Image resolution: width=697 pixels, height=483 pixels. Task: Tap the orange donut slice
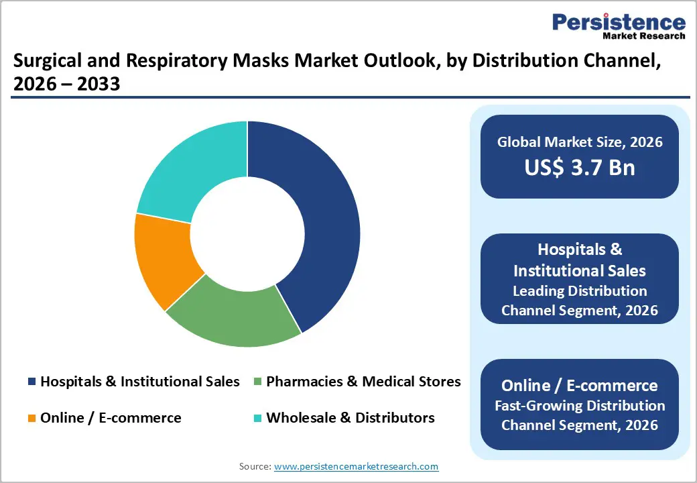pyautogui.click(x=164, y=258)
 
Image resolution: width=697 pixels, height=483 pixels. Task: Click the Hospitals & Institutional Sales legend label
pyautogui.click(x=139, y=382)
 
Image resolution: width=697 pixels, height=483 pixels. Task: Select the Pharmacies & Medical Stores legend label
pyautogui.click(x=363, y=382)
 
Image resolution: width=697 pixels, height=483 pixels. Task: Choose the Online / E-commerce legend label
pyautogui.click(x=111, y=418)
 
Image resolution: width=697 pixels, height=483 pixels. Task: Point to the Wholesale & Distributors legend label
pyautogui.click(x=350, y=418)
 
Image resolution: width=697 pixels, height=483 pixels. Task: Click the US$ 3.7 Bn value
pyautogui.click(x=580, y=167)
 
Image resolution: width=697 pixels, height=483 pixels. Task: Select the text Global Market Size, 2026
pyautogui.click(x=580, y=142)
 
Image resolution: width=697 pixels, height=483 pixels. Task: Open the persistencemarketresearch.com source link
pyautogui.click(x=357, y=466)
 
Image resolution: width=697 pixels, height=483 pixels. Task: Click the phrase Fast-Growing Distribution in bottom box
pyautogui.click(x=580, y=406)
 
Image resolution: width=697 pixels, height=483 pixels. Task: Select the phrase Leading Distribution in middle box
pyautogui.click(x=580, y=291)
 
